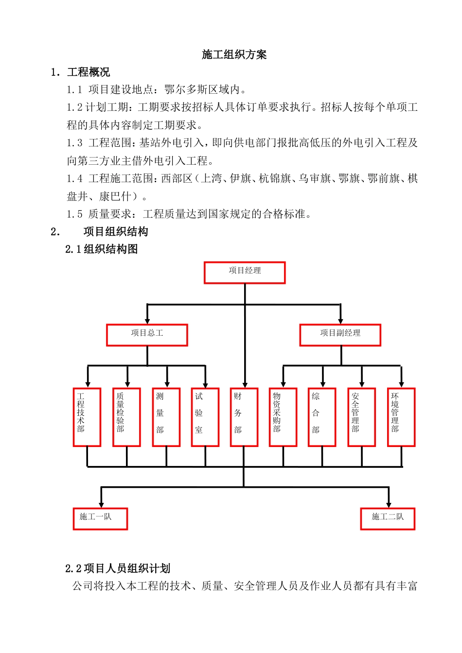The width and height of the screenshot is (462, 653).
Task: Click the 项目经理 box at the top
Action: [245, 273]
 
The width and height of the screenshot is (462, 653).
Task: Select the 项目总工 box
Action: [147, 335]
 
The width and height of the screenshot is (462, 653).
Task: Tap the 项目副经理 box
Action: [340, 335]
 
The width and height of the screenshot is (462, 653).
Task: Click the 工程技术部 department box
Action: [87, 417]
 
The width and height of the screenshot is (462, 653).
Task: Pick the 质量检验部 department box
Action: [126, 417]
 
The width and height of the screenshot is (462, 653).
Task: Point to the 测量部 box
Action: [166, 417]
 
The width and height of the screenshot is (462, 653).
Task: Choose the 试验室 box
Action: [205, 417]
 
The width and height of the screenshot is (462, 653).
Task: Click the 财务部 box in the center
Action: [244, 417]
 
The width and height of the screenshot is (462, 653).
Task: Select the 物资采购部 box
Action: [283, 417]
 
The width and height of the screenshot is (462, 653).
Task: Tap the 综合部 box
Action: [322, 417]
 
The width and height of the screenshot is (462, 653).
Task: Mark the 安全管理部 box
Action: [361, 417]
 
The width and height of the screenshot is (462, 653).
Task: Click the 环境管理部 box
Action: [401, 417]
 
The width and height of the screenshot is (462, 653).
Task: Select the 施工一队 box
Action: [100, 518]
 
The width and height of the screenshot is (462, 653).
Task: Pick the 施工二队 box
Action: [388, 518]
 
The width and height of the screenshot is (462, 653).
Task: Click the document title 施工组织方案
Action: [234, 54]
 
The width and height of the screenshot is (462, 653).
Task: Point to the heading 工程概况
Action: [89, 72]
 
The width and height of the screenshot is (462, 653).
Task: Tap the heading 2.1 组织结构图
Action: [102, 249]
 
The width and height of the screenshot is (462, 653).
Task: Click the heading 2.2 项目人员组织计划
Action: [118, 568]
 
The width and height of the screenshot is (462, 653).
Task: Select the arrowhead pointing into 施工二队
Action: [389, 504]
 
